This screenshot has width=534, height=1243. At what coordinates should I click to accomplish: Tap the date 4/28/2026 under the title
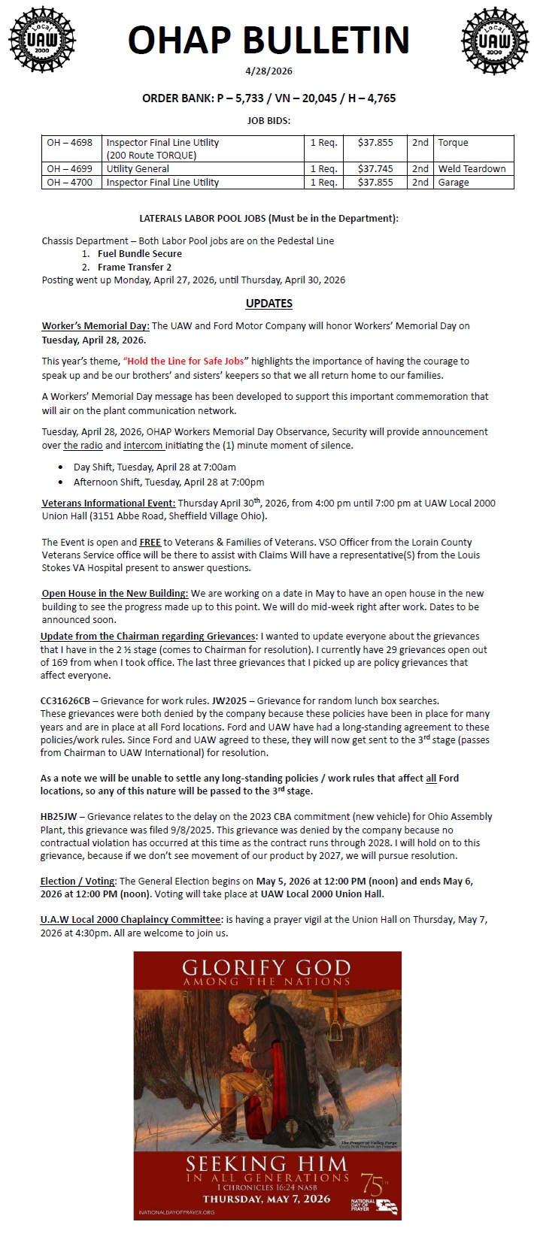pos(269,71)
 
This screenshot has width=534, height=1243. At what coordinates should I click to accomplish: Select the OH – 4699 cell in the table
pos(70,169)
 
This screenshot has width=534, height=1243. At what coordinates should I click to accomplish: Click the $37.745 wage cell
pos(375,169)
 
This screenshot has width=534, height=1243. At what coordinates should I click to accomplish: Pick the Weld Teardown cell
pos(472,169)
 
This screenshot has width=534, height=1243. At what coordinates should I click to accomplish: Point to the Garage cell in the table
pos(454,183)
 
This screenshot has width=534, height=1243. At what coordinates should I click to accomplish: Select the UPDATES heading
pos(269,304)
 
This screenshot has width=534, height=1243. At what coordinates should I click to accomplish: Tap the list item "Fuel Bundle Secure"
pos(140,254)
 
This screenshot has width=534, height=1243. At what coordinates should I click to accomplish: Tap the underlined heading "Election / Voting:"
pos(78,881)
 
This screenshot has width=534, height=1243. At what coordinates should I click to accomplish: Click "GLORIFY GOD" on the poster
pos(266,968)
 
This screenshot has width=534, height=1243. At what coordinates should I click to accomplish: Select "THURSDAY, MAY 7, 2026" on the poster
pos(266,1199)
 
